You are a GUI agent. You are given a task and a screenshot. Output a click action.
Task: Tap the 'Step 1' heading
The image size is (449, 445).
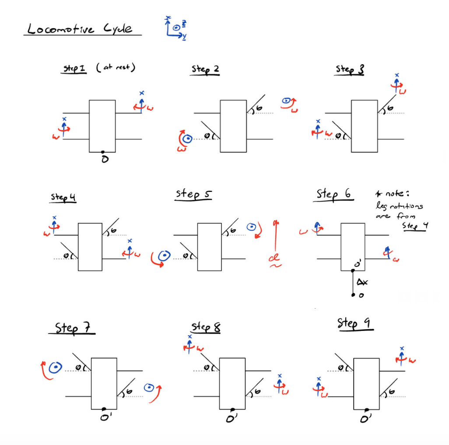click(x=75, y=69)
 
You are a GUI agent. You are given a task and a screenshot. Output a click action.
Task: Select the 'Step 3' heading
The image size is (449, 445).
click(x=350, y=70)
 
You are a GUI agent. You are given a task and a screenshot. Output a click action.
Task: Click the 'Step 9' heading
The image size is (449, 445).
click(x=355, y=323)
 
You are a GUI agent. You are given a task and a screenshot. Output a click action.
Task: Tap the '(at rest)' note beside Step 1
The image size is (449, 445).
click(x=116, y=68)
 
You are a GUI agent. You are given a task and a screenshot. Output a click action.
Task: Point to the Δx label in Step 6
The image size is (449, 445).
click(x=362, y=282)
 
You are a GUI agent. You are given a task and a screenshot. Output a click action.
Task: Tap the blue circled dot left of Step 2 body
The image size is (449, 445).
click(x=188, y=139)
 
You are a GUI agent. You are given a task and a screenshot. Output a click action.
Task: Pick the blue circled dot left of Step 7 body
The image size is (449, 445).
click(x=55, y=368)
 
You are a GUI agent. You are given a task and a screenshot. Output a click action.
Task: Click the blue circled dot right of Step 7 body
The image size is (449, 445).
click(x=149, y=387)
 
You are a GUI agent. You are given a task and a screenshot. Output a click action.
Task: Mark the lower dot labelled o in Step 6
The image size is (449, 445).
click(x=353, y=296)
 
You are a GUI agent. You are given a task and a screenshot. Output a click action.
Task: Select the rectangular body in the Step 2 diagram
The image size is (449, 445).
click(x=233, y=126)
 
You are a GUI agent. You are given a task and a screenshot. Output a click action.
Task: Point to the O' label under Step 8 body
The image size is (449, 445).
click(x=231, y=418)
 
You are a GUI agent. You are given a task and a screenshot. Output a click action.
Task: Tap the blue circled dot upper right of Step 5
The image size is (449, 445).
click(x=251, y=227)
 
